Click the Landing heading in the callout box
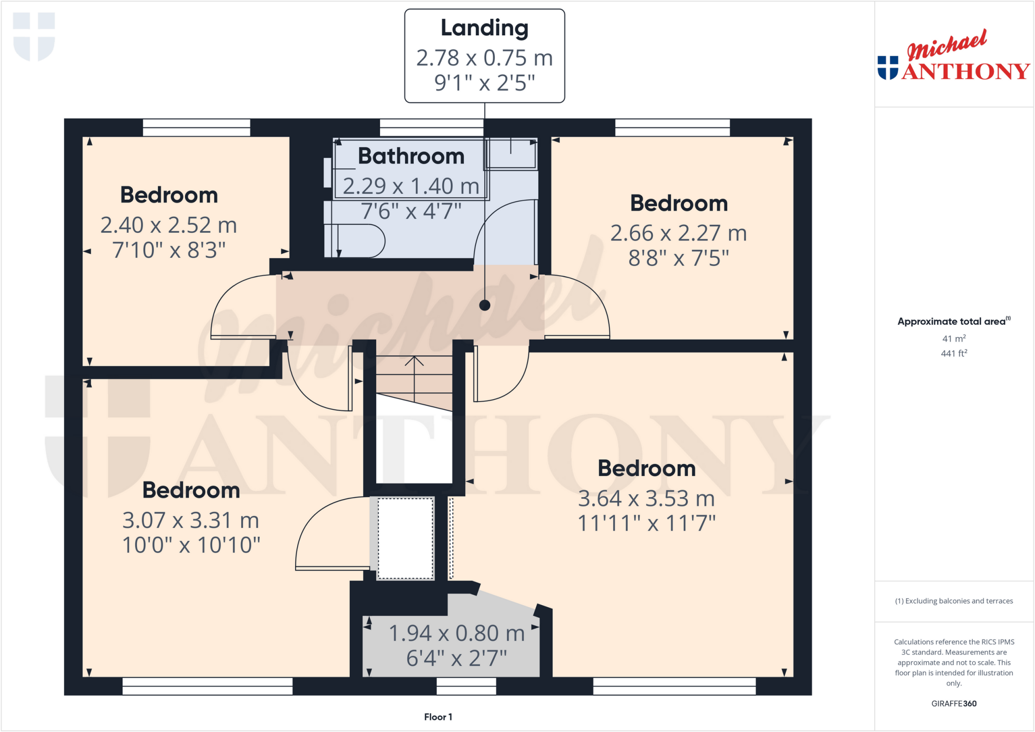coord(484,28)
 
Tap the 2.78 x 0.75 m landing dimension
coord(484,58)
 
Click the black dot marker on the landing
coord(485,305)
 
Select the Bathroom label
coord(411,156)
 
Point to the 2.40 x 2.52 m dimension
coord(168,225)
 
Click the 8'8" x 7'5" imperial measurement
coord(678,258)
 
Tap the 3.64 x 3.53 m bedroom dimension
coord(646,499)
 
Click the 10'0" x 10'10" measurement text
coord(191,545)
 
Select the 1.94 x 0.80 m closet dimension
coord(456,633)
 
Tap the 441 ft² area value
coord(954,354)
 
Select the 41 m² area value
coord(954,339)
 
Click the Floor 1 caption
coord(438,717)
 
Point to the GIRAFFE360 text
coord(954,703)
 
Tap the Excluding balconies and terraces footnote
coord(954,601)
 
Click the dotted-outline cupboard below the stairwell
coord(405,539)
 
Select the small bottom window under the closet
coord(466,686)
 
